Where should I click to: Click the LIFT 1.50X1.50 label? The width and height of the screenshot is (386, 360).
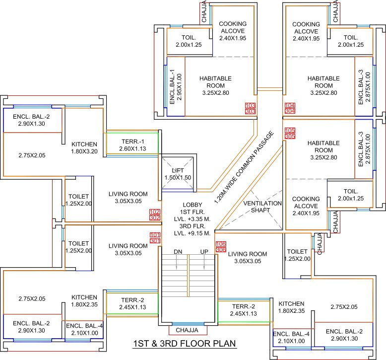click(178, 174)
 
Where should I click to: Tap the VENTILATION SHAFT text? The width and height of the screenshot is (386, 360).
click(262, 207)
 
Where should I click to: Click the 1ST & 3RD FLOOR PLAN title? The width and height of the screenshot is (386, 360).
click(184, 344)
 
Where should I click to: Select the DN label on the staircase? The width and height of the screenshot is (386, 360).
click(178, 252)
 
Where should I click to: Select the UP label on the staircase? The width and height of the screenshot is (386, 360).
click(204, 252)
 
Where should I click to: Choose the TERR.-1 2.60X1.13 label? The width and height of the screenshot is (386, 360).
click(132, 145)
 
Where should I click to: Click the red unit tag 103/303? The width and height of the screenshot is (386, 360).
click(250, 108)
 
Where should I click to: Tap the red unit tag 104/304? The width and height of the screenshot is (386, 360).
click(290, 108)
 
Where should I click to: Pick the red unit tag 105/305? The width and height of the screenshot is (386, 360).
click(290, 133)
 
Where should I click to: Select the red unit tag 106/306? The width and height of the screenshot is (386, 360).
click(220, 246)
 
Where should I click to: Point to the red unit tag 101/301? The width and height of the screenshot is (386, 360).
click(155, 238)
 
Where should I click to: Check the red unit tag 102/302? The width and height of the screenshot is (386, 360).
click(155, 215)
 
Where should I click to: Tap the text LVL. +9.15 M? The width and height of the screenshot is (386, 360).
click(193, 233)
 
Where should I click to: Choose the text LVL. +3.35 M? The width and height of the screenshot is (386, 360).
click(193, 218)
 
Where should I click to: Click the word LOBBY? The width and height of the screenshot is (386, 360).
click(193, 204)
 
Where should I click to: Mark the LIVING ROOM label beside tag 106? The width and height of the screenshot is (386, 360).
click(247, 257)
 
